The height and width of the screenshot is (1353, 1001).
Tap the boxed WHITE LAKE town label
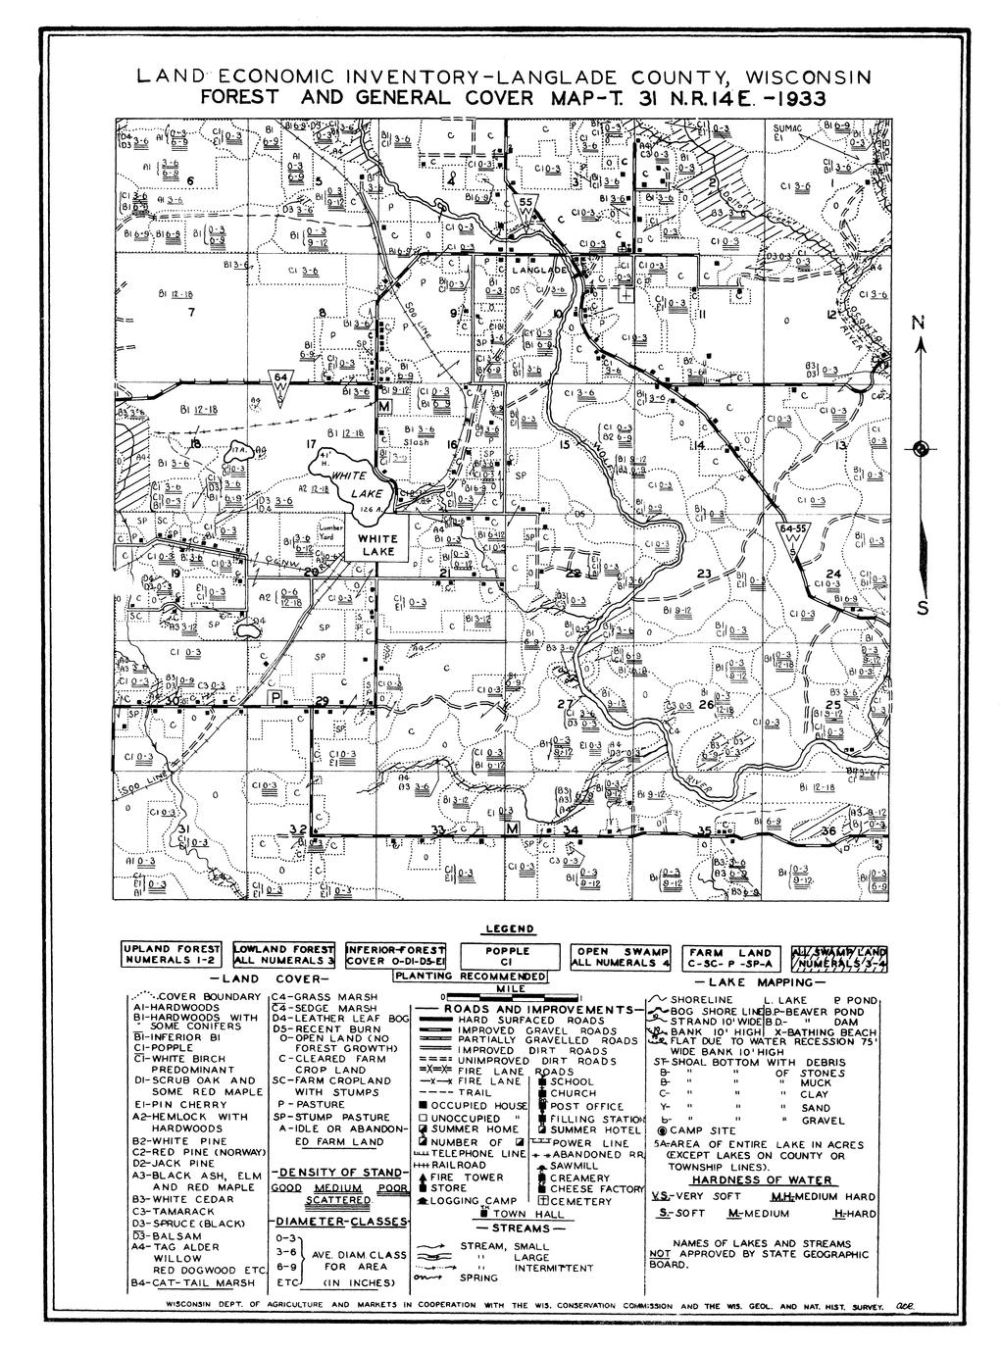coord(377,545)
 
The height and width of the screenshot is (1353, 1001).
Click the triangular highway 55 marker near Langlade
coord(527,209)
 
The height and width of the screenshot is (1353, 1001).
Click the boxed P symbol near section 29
coord(277,697)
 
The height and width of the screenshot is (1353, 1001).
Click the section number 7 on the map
coord(192,314)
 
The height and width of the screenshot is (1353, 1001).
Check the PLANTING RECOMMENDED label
coord(470,977)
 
